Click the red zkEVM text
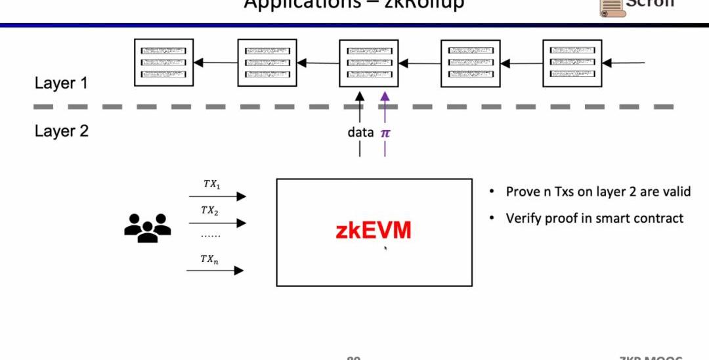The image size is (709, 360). coord(374,231)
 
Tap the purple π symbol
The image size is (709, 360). coord(385,133)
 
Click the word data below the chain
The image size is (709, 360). coord(360,132)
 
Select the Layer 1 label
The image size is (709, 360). coord(61,83)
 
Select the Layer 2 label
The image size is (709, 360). coord(61,131)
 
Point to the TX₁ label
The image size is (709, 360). coord(211,185)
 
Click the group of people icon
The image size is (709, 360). coord(148,228)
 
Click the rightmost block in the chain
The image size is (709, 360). coord(572,63)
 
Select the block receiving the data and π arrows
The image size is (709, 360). coord(369,63)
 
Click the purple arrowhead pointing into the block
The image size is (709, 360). coord(385,96)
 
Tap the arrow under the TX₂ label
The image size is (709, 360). coord(217,223)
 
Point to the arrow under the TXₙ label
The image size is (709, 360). coord(215,270)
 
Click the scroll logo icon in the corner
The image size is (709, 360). coord(609,7)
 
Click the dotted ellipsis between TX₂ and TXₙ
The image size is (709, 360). coord(210,235)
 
